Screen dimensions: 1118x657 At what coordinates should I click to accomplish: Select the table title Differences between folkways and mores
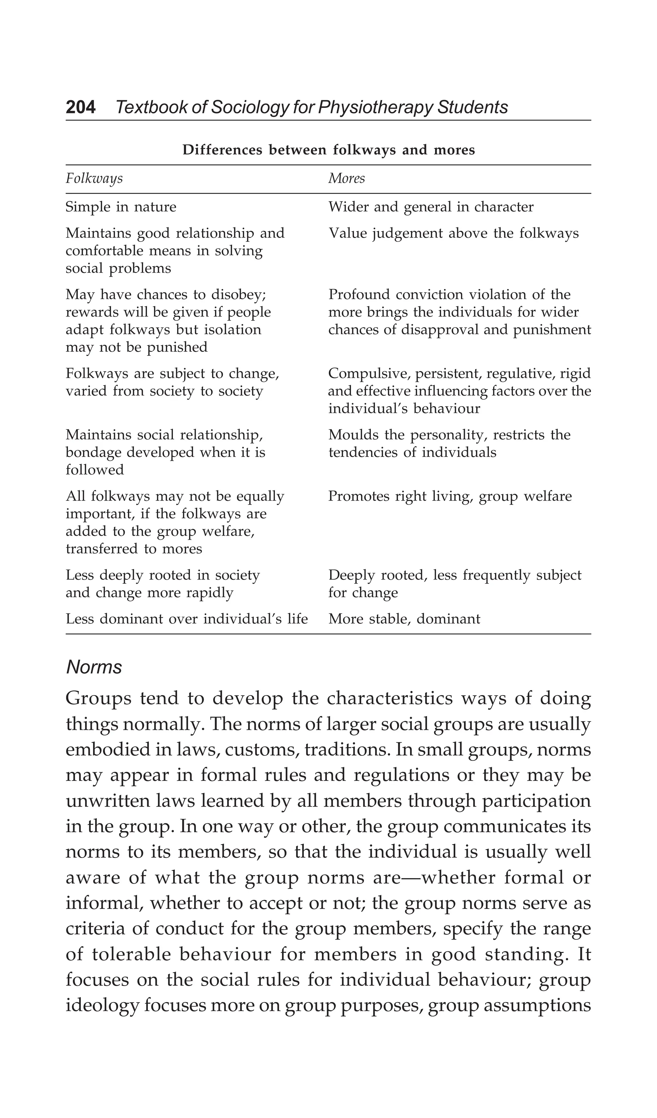[x=328, y=150]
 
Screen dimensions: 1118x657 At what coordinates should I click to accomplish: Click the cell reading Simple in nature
[x=121, y=207]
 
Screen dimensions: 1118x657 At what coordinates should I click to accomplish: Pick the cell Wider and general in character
[x=431, y=207]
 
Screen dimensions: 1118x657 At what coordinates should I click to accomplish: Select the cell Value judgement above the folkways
[x=453, y=233]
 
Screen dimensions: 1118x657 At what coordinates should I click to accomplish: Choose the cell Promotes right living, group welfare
[x=449, y=496]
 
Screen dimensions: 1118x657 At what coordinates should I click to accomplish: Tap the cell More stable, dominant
[x=404, y=619]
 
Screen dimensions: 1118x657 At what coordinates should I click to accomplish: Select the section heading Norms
[x=94, y=667]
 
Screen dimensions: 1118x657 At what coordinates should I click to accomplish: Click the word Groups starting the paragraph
[x=98, y=698]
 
